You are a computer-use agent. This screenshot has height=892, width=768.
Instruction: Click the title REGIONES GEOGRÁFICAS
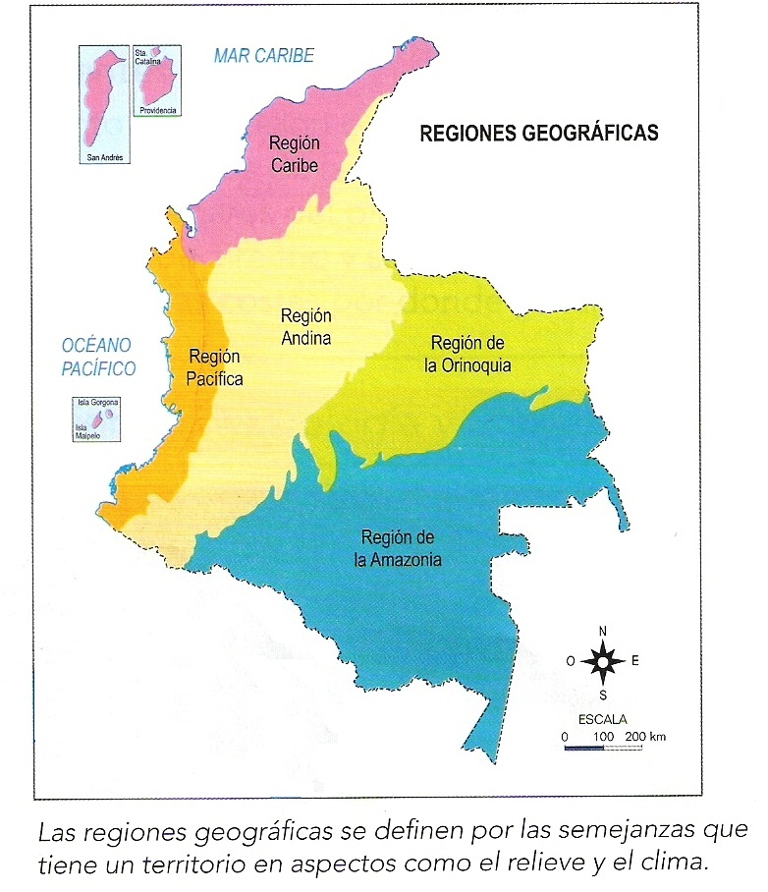coord(539,134)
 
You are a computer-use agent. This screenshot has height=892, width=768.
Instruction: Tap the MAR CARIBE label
coord(264,56)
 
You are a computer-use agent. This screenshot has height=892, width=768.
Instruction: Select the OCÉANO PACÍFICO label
coord(96,358)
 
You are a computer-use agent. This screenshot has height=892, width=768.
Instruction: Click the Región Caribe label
coord(295,155)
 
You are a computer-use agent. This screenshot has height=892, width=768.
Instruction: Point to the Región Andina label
coord(305,327)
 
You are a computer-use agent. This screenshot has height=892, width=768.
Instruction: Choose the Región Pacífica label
coord(215,367)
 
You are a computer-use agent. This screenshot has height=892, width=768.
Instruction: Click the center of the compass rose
coord(602,661)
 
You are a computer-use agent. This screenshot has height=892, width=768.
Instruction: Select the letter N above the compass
coord(603,631)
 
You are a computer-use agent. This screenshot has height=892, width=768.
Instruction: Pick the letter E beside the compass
coord(634,661)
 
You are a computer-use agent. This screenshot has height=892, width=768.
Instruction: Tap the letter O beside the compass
coord(571,661)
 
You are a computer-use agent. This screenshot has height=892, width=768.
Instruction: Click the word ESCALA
coord(602,719)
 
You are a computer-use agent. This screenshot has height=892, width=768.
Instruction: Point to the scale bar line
coord(602,749)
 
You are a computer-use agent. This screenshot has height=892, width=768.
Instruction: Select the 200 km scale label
coord(645,736)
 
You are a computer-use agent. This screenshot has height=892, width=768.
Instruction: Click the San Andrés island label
coord(104,156)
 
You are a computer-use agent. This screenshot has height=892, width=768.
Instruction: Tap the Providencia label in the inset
coord(158,111)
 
